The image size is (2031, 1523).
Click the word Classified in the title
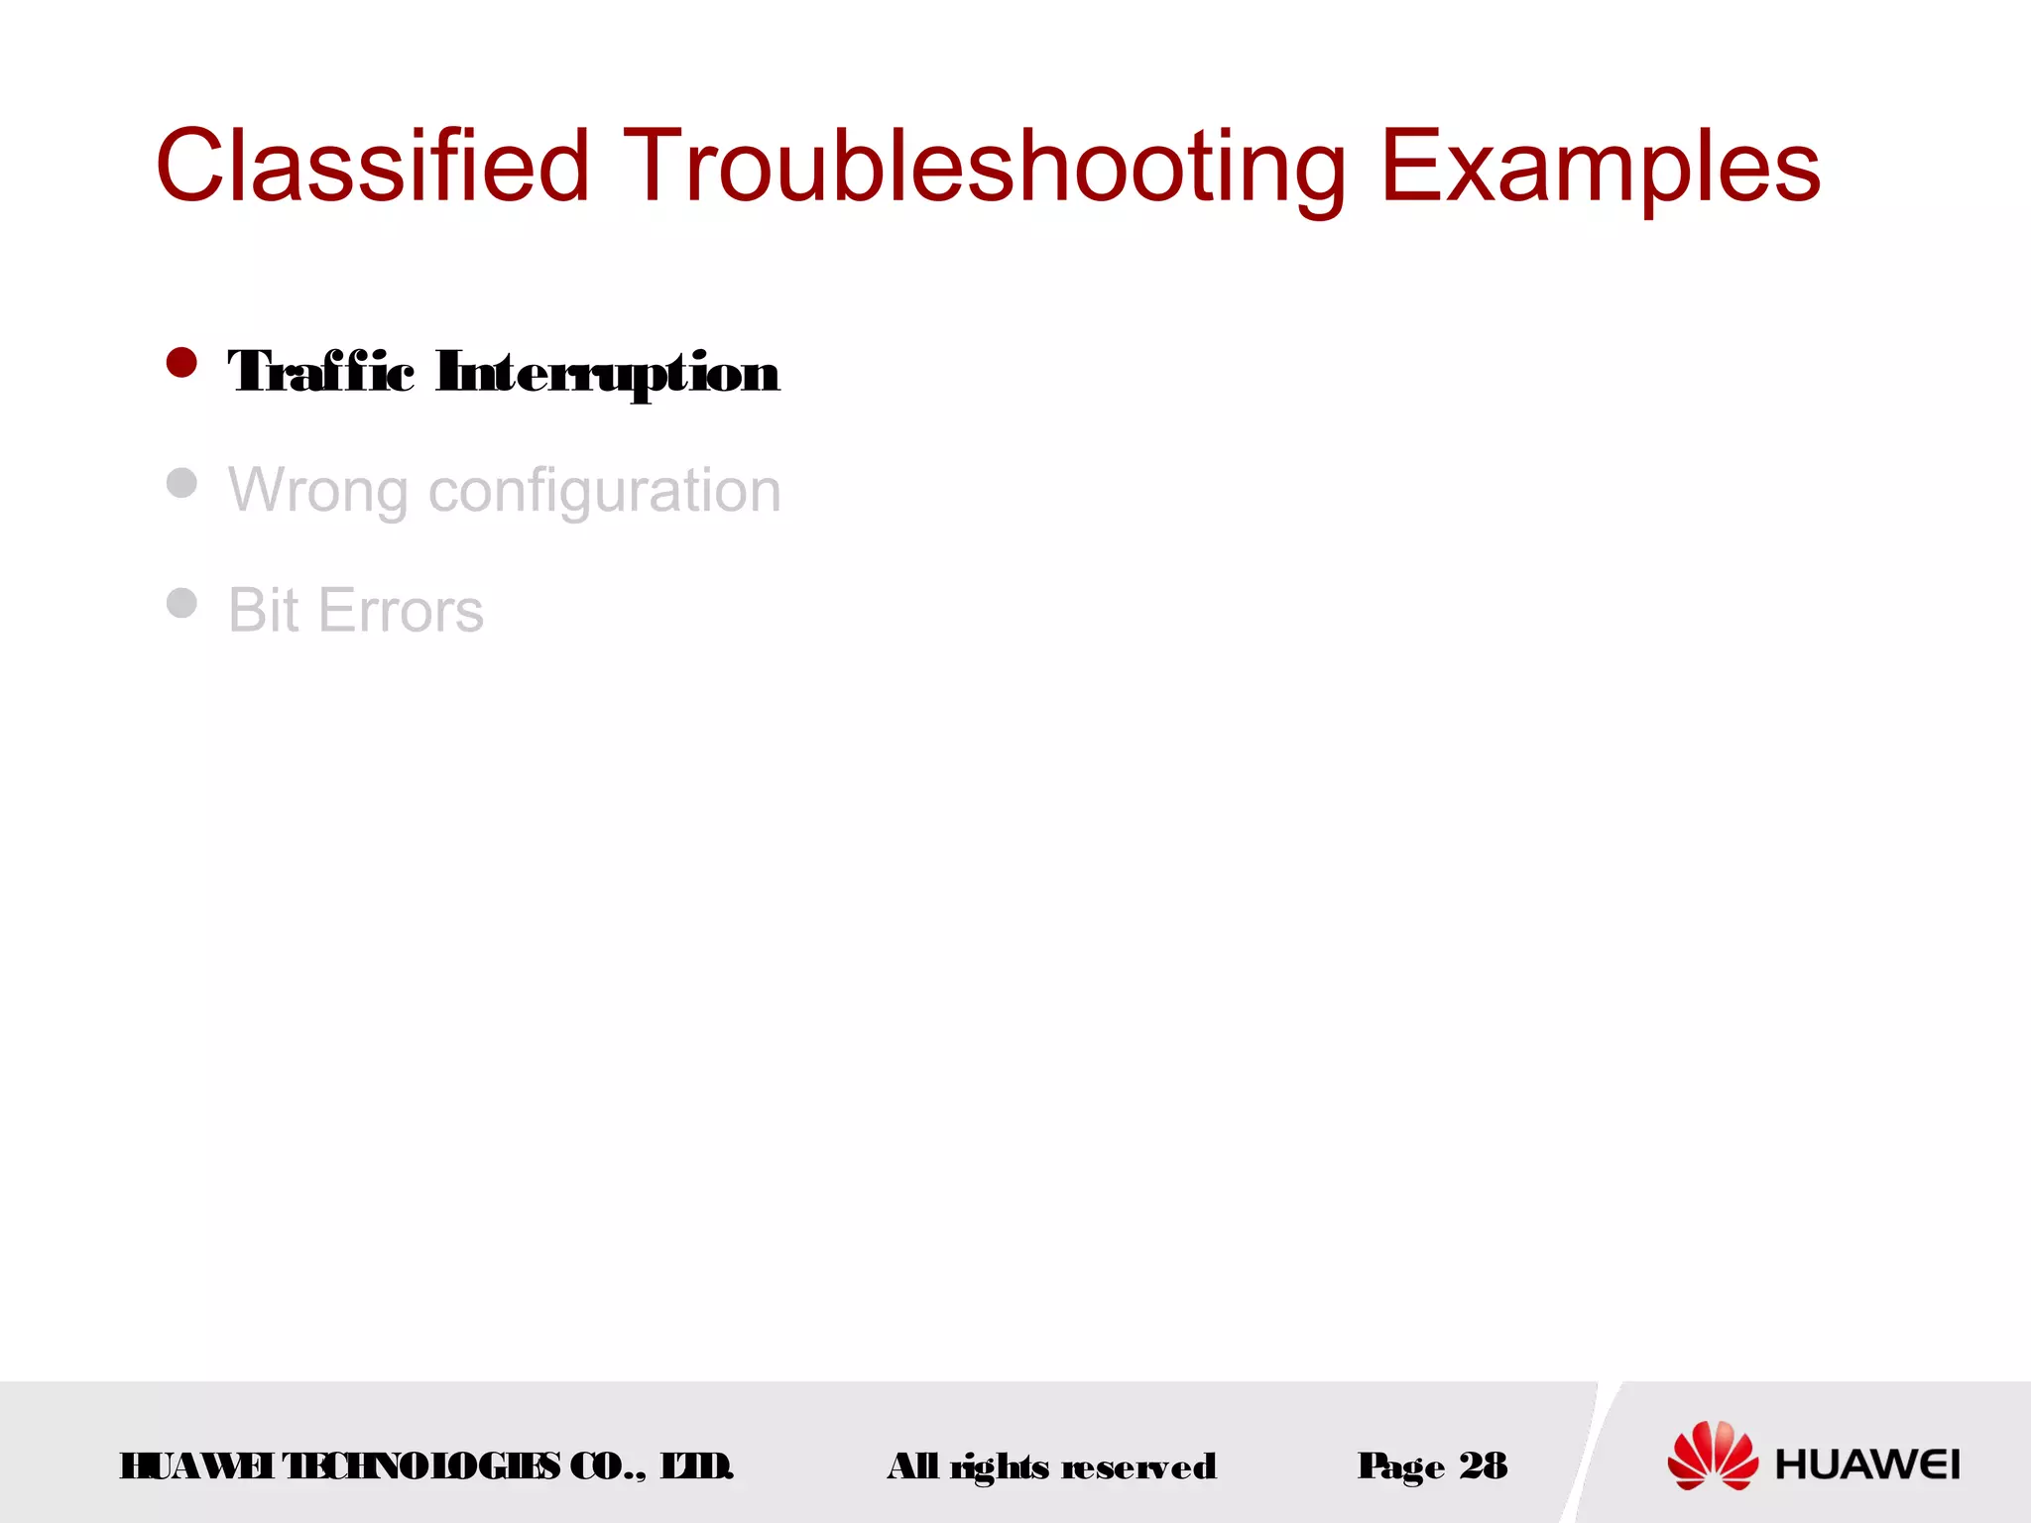(373, 166)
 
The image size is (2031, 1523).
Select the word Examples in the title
(1600, 166)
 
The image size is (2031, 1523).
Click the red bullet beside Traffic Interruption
(181, 363)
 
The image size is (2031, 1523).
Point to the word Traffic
(320, 372)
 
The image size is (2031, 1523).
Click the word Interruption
(607, 372)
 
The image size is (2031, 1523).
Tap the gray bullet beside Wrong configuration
(181, 483)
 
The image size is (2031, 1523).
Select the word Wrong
(318, 490)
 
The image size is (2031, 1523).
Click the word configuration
(604, 490)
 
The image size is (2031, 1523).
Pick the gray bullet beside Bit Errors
(181, 602)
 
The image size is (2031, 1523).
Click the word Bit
(263, 609)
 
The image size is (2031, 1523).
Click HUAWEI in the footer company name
(196, 1465)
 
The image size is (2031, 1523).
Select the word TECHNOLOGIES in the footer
(420, 1465)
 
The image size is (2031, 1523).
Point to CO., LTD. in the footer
(651, 1465)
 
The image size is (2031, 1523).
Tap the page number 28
(1483, 1464)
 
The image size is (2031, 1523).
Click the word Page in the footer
(1401, 1465)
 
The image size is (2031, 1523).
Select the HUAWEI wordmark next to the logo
(1866, 1464)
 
